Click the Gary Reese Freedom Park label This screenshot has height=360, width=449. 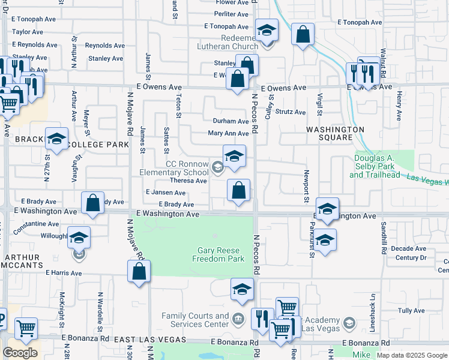(218, 254)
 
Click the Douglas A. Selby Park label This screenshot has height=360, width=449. (373, 166)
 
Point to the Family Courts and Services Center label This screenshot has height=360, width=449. (196, 320)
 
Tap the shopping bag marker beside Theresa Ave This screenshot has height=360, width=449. (239, 191)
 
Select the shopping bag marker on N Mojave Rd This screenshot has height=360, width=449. (139, 272)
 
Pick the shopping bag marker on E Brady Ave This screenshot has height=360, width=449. (92, 203)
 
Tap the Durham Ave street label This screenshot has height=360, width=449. (231, 121)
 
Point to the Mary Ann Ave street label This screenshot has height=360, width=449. (228, 134)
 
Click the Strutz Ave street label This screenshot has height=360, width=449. (291, 112)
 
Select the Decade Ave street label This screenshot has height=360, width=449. (408, 248)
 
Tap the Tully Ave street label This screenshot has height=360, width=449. (412, 311)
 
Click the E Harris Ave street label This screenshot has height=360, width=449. (63, 272)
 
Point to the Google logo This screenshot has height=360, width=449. (20, 353)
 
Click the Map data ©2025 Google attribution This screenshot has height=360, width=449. (411, 355)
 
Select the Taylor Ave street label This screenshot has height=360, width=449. (28, 32)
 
